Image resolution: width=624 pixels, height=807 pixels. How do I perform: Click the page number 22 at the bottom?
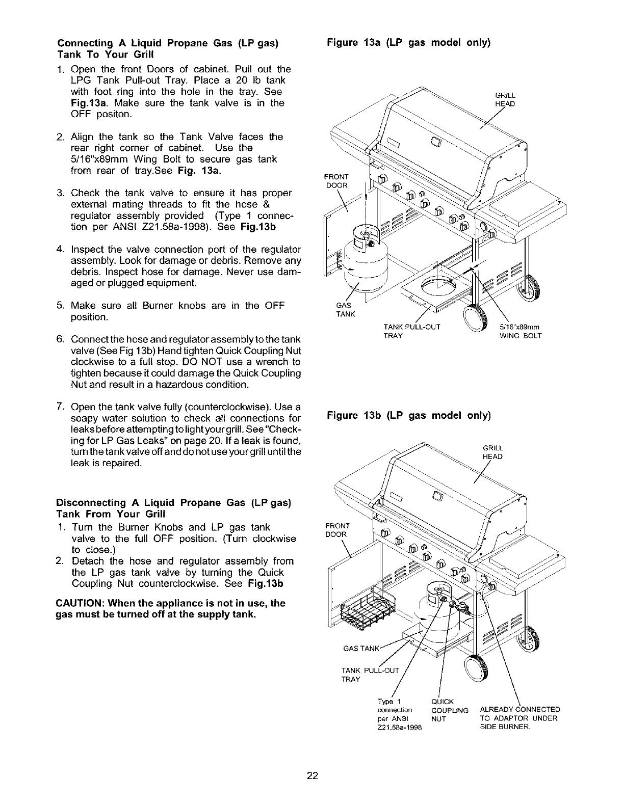(x=313, y=776)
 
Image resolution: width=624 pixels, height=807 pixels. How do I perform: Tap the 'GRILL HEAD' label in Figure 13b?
(x=492, y=452)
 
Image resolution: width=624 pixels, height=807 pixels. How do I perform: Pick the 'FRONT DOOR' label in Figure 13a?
(x=336, y=181)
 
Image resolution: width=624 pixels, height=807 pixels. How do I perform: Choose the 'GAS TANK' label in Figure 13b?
(x=361, y=649)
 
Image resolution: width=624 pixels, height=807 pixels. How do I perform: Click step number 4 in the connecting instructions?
(x=60, y=250)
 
